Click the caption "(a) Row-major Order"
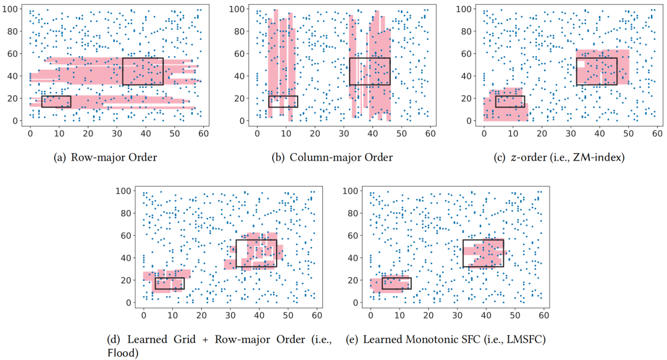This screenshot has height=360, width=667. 106,157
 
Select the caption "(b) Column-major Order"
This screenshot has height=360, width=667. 332,157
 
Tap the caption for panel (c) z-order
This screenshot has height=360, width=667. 560,157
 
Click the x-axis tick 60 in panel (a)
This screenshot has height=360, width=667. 203,133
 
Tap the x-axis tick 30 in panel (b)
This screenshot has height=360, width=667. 343,133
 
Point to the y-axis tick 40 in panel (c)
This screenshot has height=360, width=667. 469,76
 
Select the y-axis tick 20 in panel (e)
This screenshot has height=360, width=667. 355,280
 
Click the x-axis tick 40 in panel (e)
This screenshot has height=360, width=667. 486,315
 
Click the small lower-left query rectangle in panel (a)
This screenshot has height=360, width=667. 56,101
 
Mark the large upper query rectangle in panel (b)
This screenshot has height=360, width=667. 369,71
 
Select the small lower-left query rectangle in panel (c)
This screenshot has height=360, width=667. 510,101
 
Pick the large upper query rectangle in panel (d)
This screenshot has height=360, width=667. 256,253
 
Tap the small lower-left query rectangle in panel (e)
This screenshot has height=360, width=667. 396,283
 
